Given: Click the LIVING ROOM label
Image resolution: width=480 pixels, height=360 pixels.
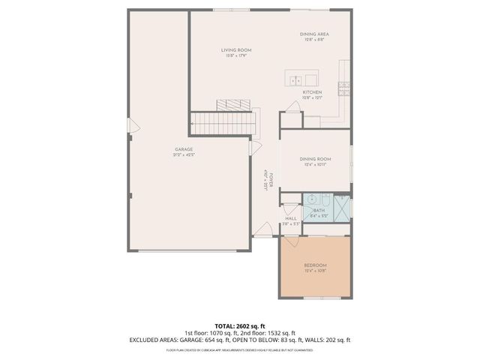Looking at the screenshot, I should (x=235, y=50).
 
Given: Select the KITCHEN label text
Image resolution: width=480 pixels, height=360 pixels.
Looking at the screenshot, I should (x=312, y=92).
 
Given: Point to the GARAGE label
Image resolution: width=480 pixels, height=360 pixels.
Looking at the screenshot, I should (x=184, y=150).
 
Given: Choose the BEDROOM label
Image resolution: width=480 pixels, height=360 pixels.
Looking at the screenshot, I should (x=315, y=265).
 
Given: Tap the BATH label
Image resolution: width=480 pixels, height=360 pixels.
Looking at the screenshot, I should (x=319, y=211).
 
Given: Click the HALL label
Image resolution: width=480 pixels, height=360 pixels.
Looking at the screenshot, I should (x=291, y=218).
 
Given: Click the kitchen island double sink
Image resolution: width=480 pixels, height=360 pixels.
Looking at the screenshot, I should (x=295, y=79).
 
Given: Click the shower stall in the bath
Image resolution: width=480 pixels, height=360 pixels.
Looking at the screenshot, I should (x=342, y=206).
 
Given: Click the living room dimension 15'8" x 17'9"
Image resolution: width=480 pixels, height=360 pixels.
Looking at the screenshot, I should (x=235, y=55).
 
